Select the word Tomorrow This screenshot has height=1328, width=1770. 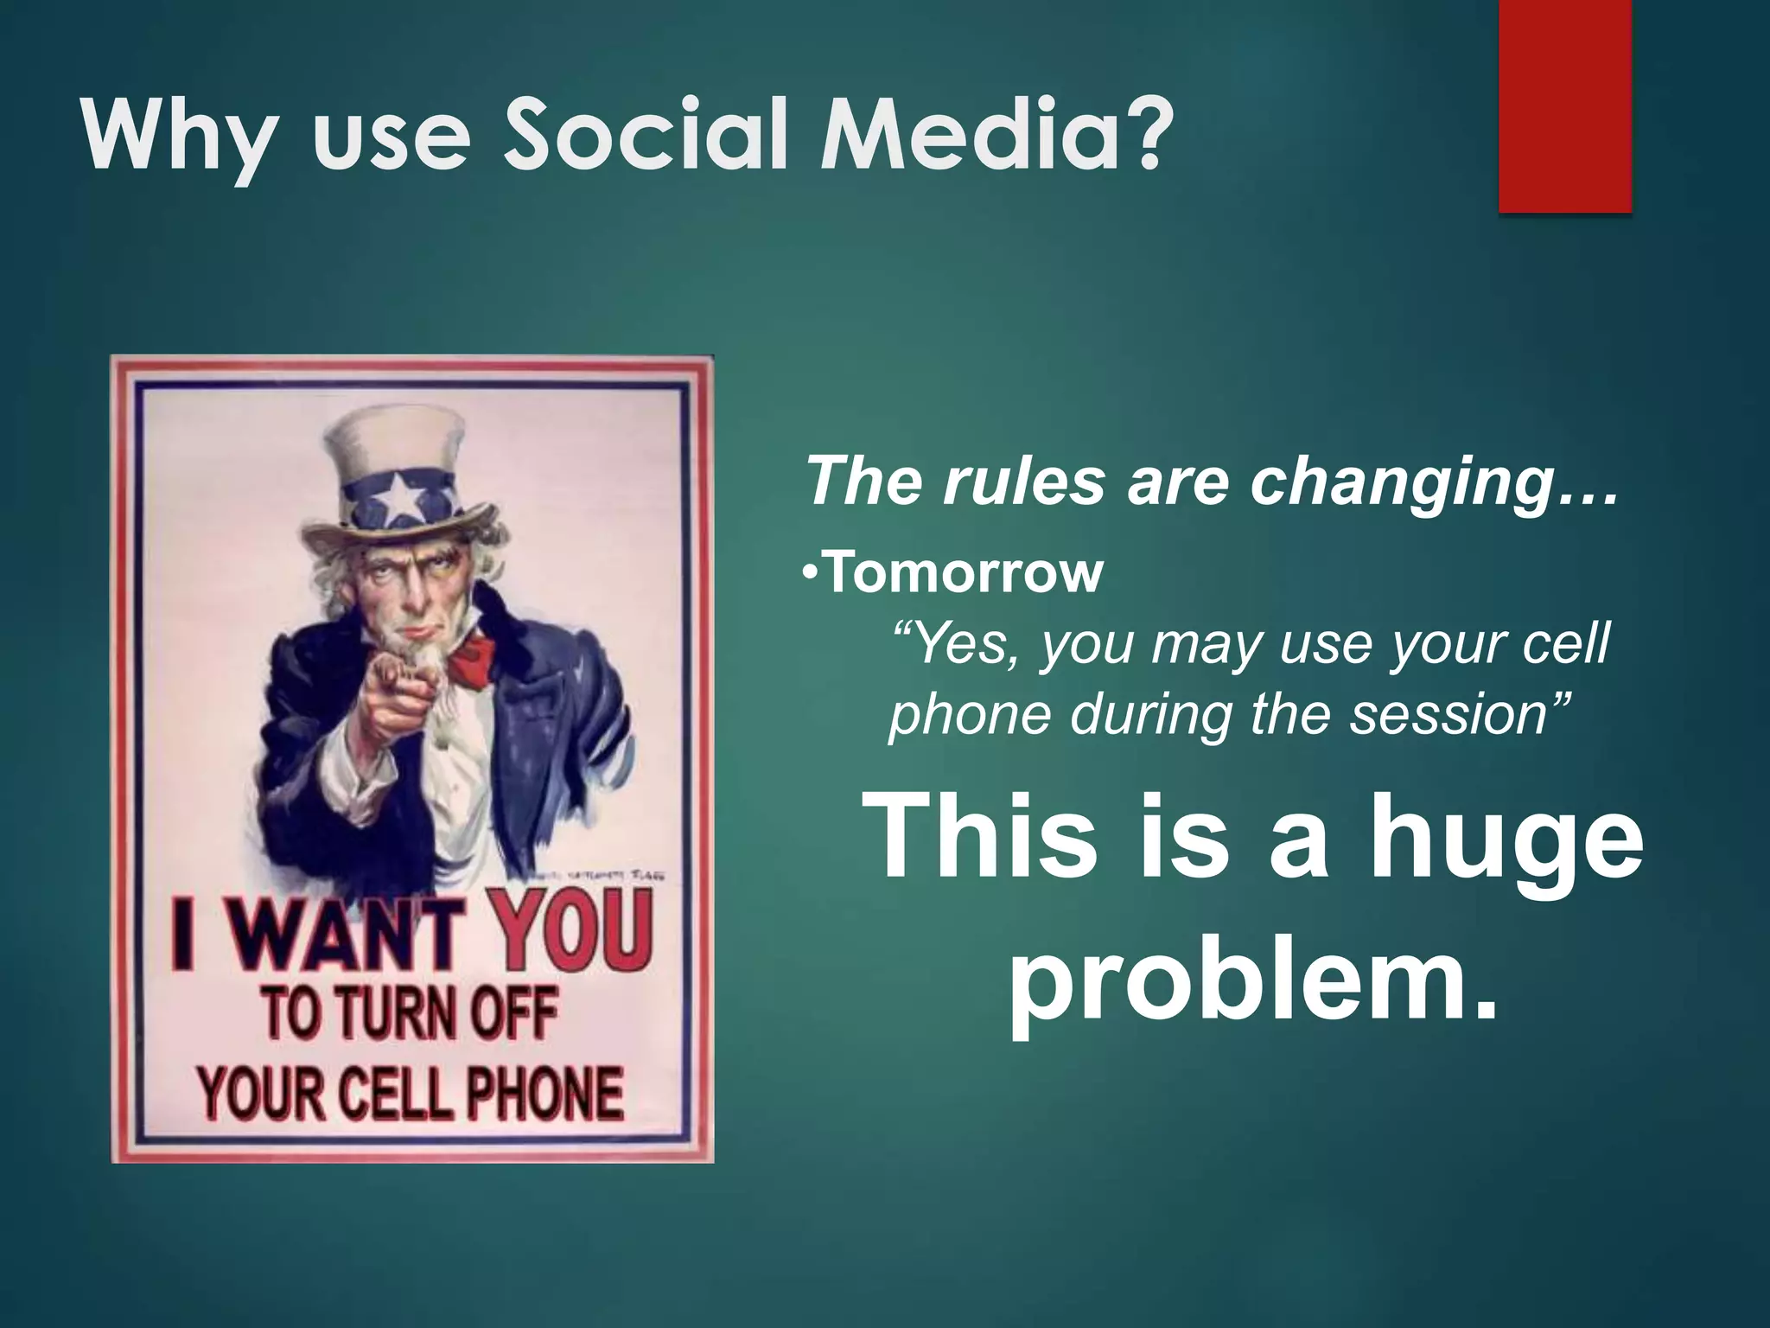[x=964, y=573]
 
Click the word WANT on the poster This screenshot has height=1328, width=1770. [x=346, y=934]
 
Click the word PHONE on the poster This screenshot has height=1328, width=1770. [x=544, y=1094]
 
